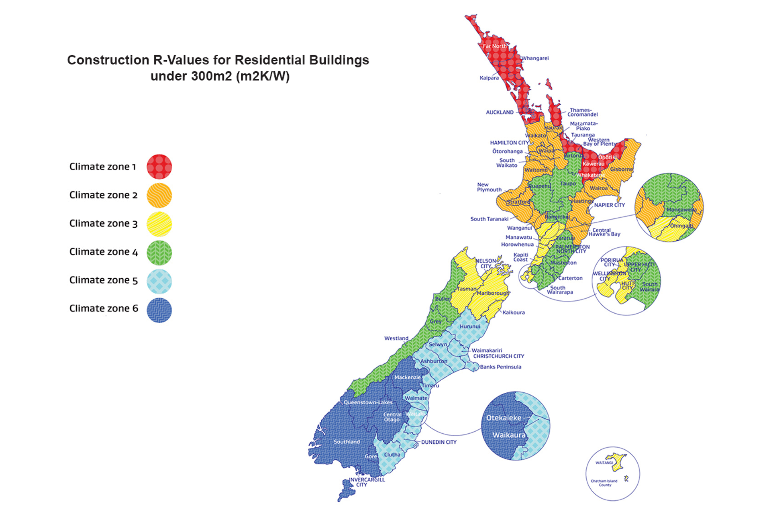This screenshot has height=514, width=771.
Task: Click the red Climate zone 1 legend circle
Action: click(159, 167)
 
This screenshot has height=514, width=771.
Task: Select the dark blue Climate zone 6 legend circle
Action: click(159, 310)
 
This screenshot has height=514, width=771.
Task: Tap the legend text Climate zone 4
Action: click(104, 252)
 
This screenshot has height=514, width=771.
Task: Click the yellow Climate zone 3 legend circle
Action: click(159, 224)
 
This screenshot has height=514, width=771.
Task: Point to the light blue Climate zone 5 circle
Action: click(159, 281)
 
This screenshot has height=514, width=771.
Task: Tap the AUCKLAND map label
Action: click(500, 112)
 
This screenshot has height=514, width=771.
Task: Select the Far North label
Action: click(495, 46)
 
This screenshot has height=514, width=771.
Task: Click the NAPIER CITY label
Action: click(610, 205)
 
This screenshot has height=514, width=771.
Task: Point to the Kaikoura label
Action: click(514, 312)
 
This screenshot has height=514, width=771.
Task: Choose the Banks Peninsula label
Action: click(500, 367)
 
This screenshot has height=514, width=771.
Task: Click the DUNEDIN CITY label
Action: click(439, 442)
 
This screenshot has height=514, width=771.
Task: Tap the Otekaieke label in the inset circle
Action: click(504, 418)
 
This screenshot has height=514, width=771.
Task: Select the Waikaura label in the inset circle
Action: click(509, 435)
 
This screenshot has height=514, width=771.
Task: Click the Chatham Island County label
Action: click(604, 483)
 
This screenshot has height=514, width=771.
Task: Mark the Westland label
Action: click(396, 339)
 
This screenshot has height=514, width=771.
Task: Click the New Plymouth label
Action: click(489, 187)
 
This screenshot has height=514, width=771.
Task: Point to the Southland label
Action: click(347, 442)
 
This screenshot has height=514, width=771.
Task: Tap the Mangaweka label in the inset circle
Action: click(681, 210)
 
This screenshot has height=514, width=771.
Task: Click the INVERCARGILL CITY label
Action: click(366, 482)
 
